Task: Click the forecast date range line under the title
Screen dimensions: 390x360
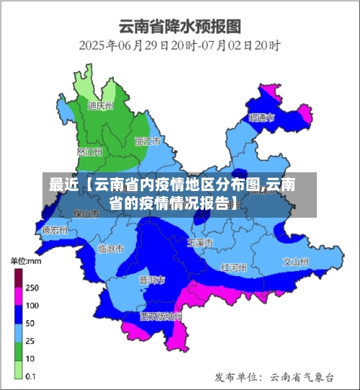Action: (179, 45)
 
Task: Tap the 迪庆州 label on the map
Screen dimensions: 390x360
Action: (101, 105)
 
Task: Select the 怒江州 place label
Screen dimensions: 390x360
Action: (89, 152)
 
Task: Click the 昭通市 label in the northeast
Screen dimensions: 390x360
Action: (261, 117)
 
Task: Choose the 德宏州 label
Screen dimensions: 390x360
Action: (55, 231)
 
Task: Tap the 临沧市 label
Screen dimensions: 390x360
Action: (109, 249)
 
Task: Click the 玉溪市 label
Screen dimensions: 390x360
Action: (199, 243)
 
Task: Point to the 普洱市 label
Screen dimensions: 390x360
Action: (152, 280)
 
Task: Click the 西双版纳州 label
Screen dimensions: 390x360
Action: (161, 316)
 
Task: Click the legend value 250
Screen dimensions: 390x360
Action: (32, 287)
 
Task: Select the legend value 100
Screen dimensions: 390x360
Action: (32, 305)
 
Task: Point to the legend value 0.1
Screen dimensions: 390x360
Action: (32, 376)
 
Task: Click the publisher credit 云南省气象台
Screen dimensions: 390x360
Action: (302, 376)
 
